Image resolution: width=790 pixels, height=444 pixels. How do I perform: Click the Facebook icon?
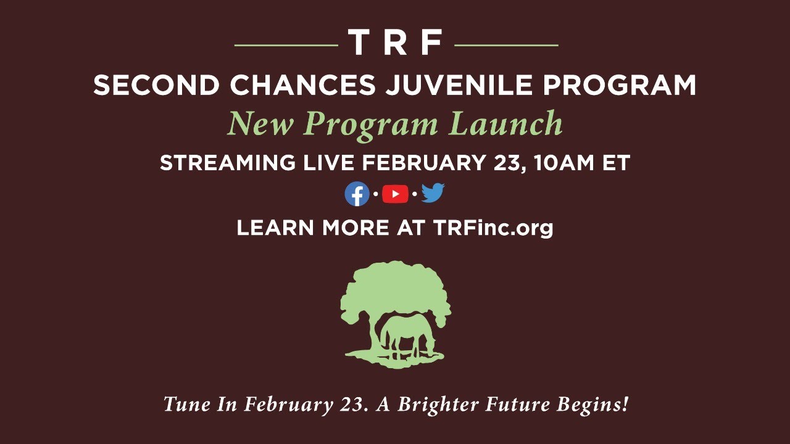357,194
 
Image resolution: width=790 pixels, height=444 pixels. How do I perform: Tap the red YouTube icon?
395,194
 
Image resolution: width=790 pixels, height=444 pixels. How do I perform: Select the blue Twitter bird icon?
433,194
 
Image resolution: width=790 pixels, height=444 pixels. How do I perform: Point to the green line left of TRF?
286,45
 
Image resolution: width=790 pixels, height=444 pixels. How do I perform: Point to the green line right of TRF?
506,45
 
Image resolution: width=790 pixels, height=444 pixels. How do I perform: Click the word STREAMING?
228,163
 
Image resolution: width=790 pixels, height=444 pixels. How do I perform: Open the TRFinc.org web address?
493,228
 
